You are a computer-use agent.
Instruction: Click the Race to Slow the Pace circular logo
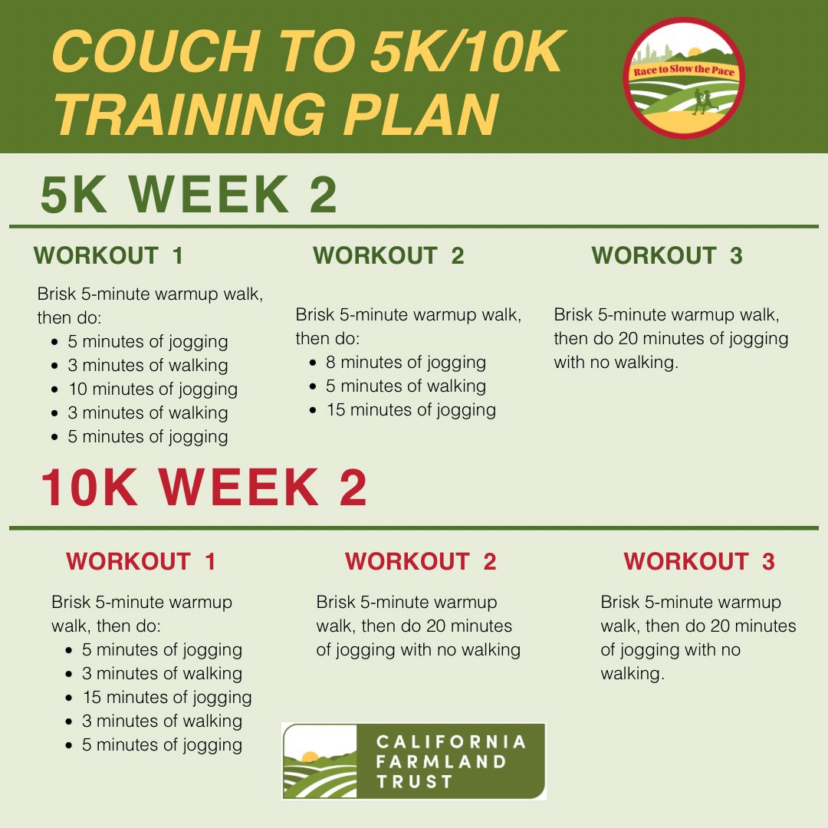[x=684, y=78]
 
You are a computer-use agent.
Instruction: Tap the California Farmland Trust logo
[x=414, y=761]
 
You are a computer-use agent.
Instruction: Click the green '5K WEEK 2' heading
[x=189, y=195]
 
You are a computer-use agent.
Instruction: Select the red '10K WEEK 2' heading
[x=203, y=488]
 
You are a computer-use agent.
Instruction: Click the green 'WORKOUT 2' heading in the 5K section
[x=389, y=255]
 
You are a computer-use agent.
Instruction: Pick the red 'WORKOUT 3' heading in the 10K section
[x=699, y=561]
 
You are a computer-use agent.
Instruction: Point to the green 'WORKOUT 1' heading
[x=108, y=255]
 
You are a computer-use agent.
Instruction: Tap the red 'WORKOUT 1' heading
[x=141, y=561]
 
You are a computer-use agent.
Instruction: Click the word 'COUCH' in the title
[x=156, y=51]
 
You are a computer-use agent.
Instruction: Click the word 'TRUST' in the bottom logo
[x=415, y=781]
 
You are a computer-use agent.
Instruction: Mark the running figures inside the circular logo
[x=704, y=101]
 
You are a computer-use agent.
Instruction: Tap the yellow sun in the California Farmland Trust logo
[x=310, y=756]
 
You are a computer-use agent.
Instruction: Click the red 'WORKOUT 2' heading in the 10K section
[x=421, y=561]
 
